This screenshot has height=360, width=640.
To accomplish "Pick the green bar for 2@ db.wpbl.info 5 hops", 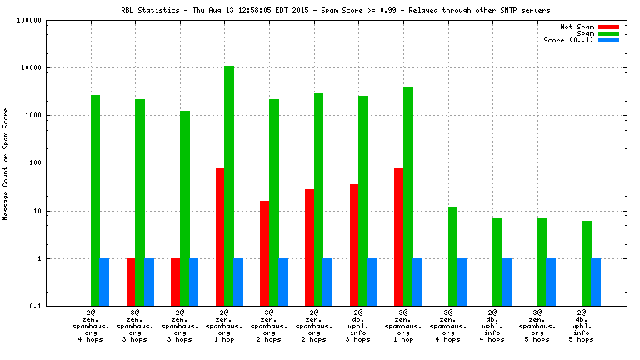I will tap(587, 263).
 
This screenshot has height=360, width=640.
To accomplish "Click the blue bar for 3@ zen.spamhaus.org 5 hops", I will tap(551, 282).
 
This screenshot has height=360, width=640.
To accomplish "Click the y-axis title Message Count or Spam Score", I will tap(6, 163).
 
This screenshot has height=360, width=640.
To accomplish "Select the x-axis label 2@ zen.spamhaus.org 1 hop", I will tap(225, 326).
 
